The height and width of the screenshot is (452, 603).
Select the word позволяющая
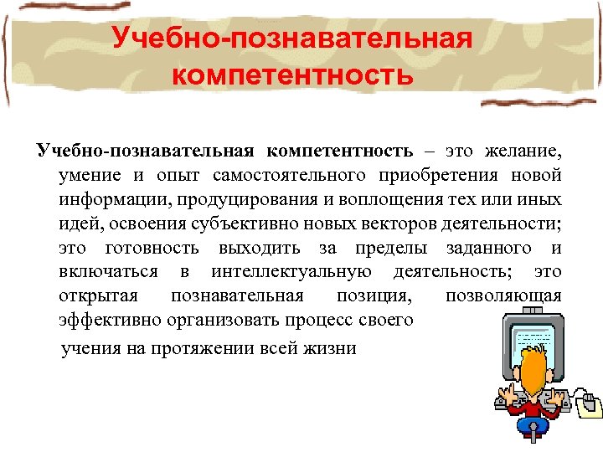click(503, 297)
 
